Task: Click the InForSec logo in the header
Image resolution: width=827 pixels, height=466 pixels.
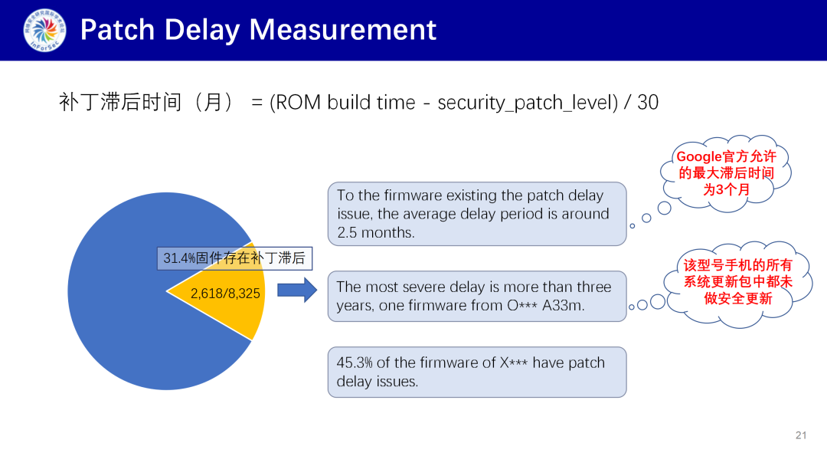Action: pos(44,30)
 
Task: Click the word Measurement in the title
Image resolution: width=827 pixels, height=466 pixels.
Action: pos(342,31)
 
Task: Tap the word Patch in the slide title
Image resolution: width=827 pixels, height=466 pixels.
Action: pos(116,31)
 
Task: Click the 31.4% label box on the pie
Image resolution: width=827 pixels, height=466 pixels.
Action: pos(234,258)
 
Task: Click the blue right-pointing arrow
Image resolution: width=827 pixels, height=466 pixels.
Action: pos(297,290)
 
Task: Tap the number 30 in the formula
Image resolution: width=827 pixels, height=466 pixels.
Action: pos(647,103)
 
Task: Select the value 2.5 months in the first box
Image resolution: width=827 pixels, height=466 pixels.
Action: pos(376,232)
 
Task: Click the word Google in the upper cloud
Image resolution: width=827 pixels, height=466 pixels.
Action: pos(699,156)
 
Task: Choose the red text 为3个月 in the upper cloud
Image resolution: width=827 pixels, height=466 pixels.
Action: pos(727,189)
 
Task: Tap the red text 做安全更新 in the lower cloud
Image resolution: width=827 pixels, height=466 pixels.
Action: pos(737,298)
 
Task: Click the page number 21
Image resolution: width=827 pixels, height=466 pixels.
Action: pos(801,435)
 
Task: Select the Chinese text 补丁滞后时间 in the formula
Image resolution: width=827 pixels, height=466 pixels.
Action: pos(119,103)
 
